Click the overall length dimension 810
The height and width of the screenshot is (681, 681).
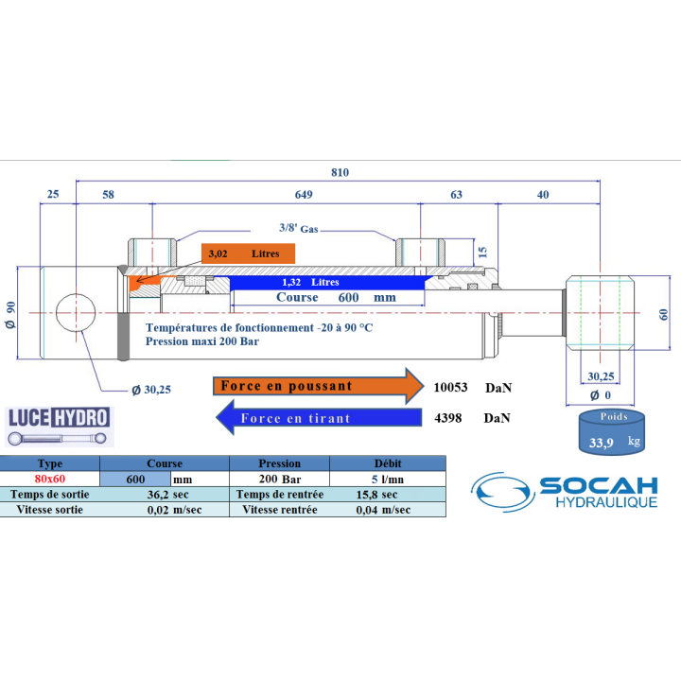pos(340,172)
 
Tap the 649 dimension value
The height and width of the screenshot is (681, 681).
pos(304,195)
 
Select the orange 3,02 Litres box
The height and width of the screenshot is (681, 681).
pos(248,253)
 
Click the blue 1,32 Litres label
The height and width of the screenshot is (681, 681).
pos(310,282)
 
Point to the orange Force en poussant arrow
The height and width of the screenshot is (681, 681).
pos(319,386)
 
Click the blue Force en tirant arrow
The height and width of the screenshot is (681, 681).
pos(319,418)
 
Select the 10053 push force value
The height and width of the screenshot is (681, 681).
pos(450,388)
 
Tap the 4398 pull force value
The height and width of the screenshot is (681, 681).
pos(447,418)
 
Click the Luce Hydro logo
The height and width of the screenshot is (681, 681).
pos(60,427)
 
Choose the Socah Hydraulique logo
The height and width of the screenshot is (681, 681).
pos(564,492)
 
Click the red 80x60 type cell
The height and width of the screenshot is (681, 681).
pos(50,479)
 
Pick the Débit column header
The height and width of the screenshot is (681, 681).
pos(388,463)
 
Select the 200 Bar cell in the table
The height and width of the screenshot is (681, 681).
pos(280,479)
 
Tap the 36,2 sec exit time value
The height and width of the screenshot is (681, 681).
pos(167,495)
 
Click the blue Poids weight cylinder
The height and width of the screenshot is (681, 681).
pos(612,431)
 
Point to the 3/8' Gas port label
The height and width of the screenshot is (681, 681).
pos(298,228)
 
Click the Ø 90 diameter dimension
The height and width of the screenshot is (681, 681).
pos(10,314)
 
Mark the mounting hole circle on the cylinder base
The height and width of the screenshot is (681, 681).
pos(76,313)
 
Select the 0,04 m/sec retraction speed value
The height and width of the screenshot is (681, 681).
pos(383,510)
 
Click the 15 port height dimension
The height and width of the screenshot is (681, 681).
pos(482,252)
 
